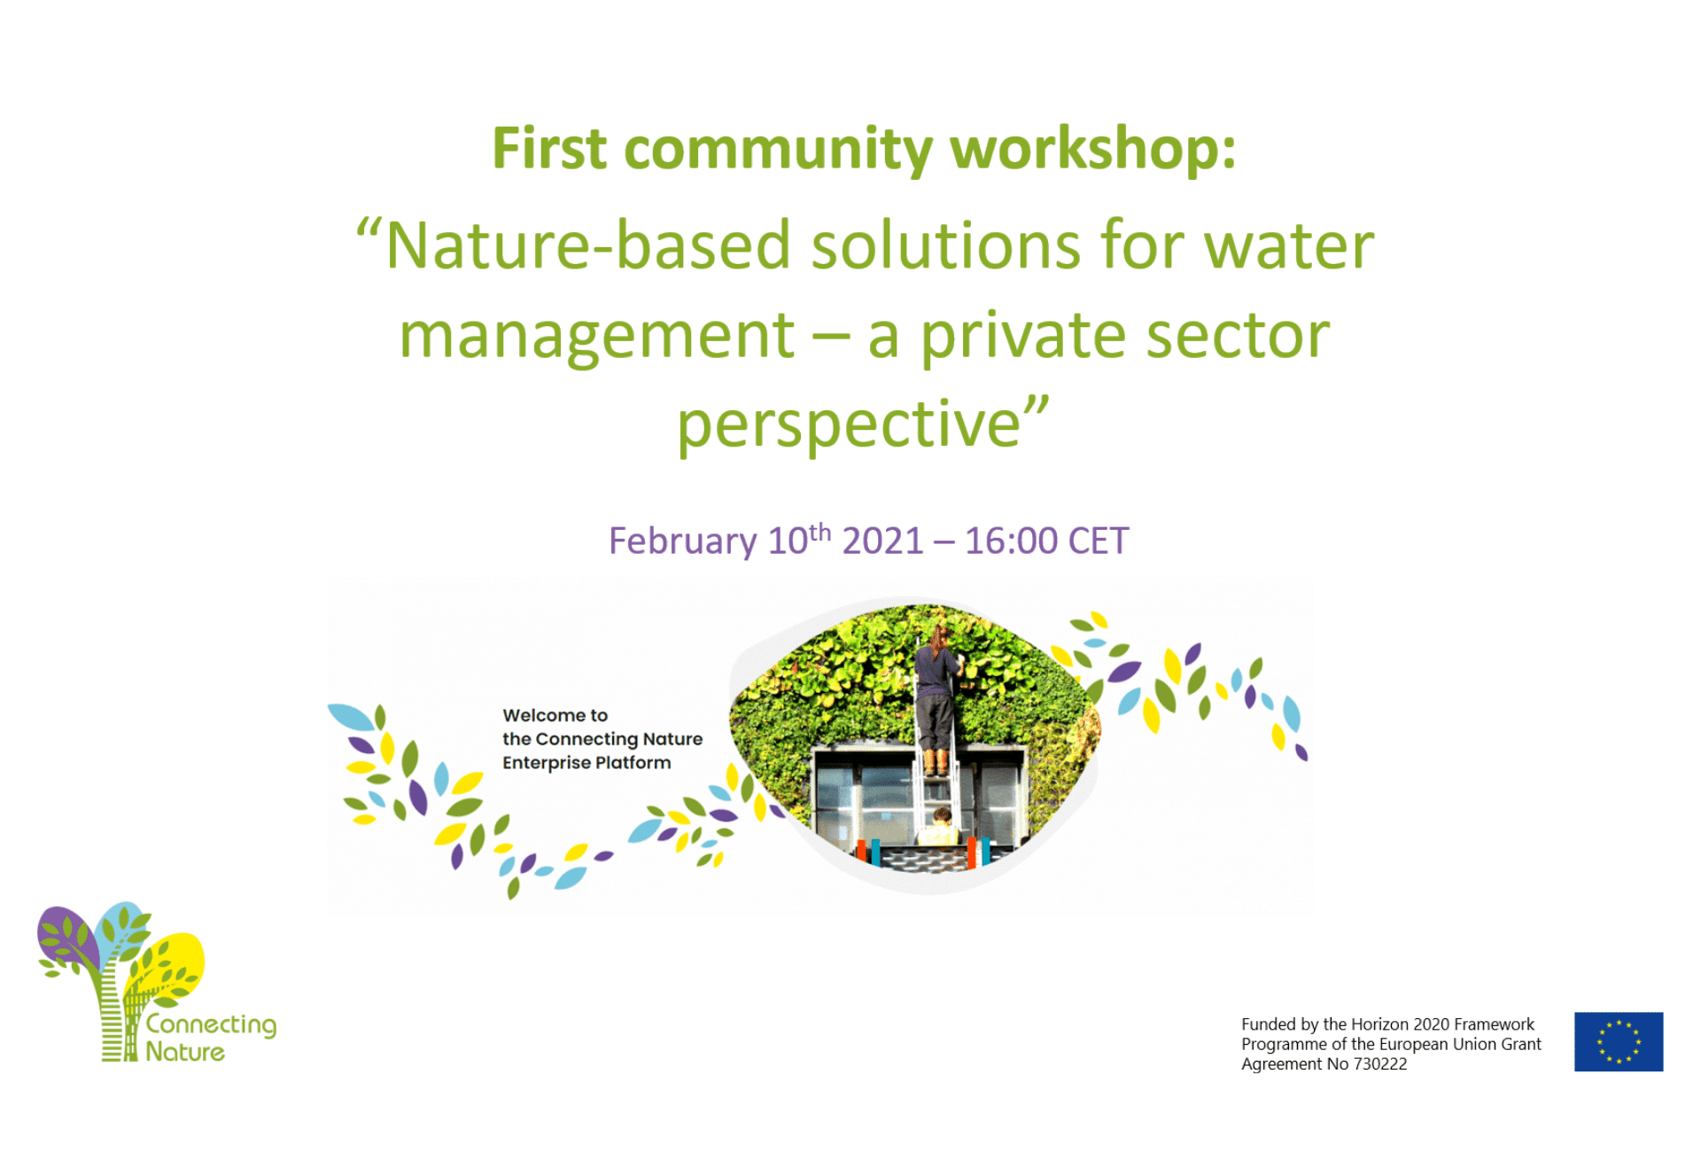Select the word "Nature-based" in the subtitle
[587, 245]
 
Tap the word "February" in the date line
[682, 541]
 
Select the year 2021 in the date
[882, 541]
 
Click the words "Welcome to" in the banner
[555, 715]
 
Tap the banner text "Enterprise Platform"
[586, 763]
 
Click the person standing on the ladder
[936, 696]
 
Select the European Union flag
[1619, 1041]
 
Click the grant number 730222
[1379, 1064]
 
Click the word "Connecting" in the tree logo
[211, 1025]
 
